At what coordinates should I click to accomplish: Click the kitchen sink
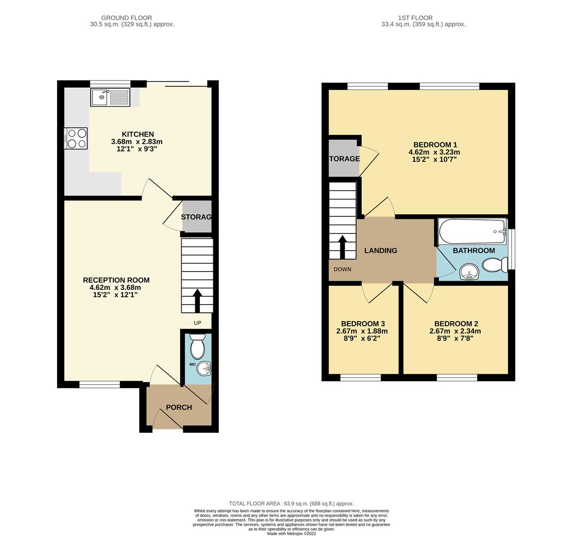pyautogui.click(x=110, y=97)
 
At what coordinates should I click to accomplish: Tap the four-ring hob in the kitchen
pyautogui.click(x=76, y=138)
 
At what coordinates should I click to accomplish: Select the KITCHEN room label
pyautogui.click(x=138, y=134)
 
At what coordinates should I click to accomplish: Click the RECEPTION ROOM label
pyautogui.click(x=116, y=280)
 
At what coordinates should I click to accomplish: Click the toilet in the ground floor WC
pyautogui.click(x=197, y=346)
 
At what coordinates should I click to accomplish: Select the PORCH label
pyautogui.click(x=179, y=407)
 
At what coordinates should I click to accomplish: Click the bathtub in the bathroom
pyautogui.click(x=472, y=231)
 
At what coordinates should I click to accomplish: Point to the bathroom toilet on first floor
pyautogui.click(x=494, y=268)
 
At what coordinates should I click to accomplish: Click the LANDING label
pyautogui.click(x=381, y=251)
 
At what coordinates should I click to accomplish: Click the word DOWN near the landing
pyautogui.click(x=342, y=269)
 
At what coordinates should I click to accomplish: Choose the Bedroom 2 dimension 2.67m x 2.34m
pyautogui.click(x=455, y=331)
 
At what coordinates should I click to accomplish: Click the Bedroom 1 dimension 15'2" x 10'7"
pyautogui.click(x=434, y=159)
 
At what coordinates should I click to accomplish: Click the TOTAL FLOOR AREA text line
pyautogui.click(x=291, y=503)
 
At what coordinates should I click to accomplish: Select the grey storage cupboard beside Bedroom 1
pyautogui.click(x=344, y=159)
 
